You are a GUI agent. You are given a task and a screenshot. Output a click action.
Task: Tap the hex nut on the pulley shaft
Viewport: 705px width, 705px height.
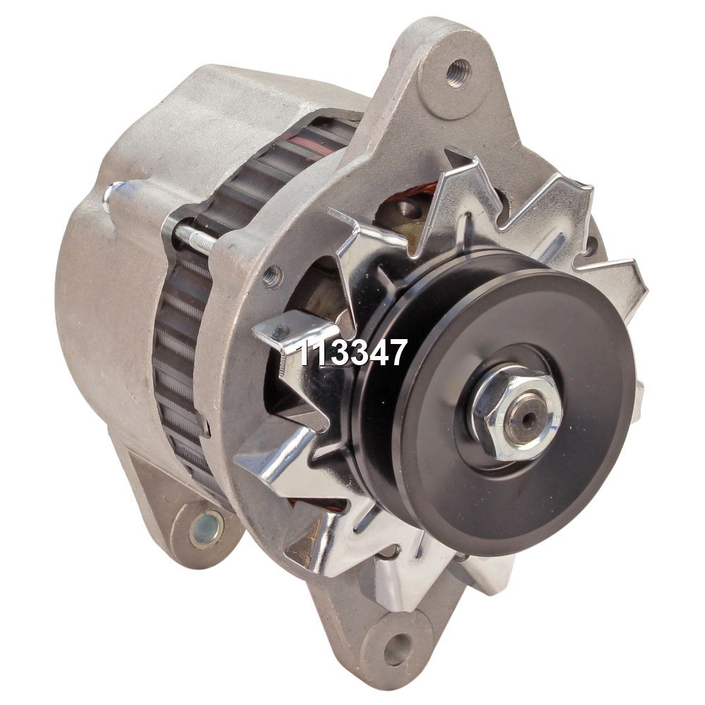click(x=517, y=417)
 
